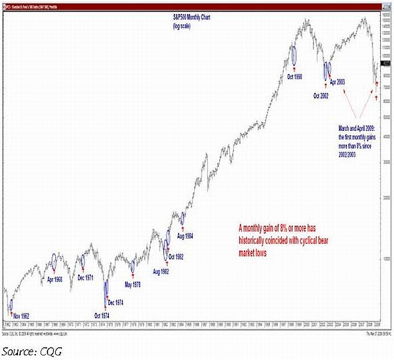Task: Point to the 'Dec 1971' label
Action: pos(87,278)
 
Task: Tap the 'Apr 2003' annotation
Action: pos(337,82)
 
